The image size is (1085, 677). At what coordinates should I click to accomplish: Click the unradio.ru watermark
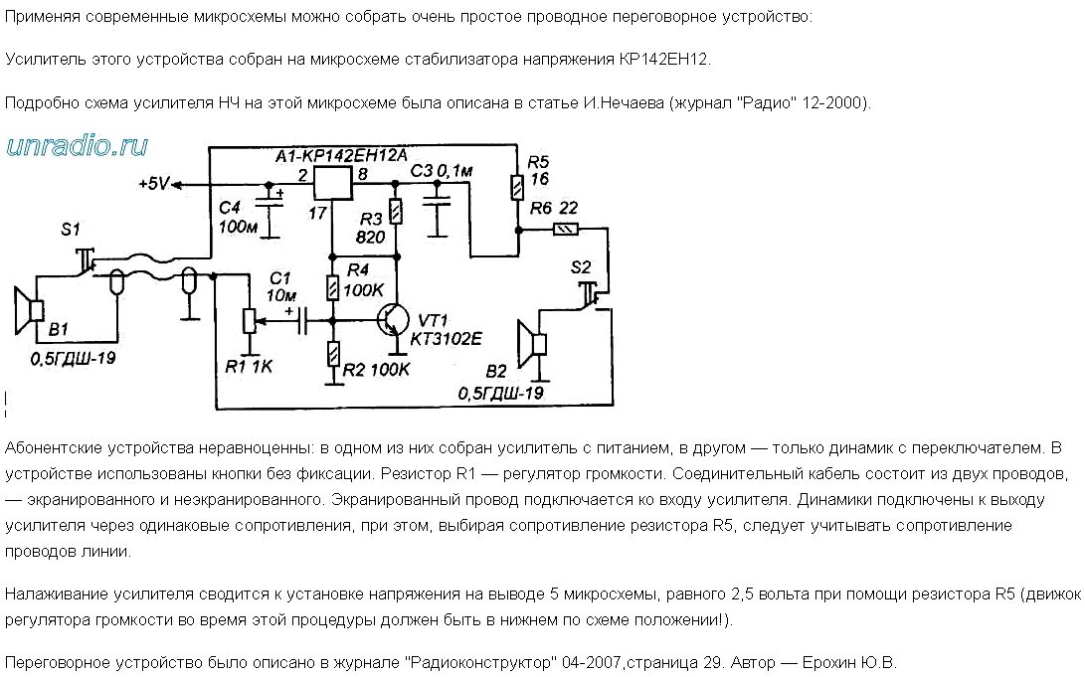tap(78, 146)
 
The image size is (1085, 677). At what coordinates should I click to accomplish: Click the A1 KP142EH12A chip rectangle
tap(332, 184)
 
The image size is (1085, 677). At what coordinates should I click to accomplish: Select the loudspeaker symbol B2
tap(535, 343)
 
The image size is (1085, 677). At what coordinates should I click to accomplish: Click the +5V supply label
tap(155, 185)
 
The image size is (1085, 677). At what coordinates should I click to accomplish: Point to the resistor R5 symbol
tap(517, 187)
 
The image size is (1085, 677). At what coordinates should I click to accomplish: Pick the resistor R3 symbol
tap(396, 212)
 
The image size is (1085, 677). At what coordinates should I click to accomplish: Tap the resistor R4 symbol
tap(333, 288)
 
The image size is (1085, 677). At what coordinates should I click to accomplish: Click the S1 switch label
tap(71, 229)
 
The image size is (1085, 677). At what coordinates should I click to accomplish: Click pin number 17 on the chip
tap(319, 214)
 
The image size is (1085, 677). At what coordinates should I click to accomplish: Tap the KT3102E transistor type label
tap(447, 339)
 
